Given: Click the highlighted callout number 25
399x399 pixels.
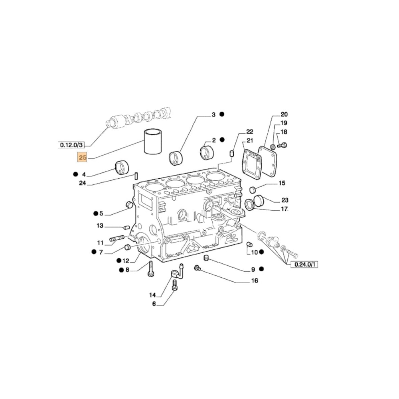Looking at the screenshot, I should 83,158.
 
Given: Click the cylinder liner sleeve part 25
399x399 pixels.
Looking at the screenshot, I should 152,142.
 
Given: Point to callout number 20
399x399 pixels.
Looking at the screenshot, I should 284,114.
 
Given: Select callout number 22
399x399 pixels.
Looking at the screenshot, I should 249,131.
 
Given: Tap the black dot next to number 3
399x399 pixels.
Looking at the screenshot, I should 222,115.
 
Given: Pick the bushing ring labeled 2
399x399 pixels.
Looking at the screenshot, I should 207,152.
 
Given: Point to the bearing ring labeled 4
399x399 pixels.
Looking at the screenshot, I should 122,167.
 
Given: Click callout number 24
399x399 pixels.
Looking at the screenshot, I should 83,183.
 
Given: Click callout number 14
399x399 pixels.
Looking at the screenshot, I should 152,295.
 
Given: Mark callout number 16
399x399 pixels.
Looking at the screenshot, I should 255,280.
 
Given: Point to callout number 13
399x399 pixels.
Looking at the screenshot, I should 100,226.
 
